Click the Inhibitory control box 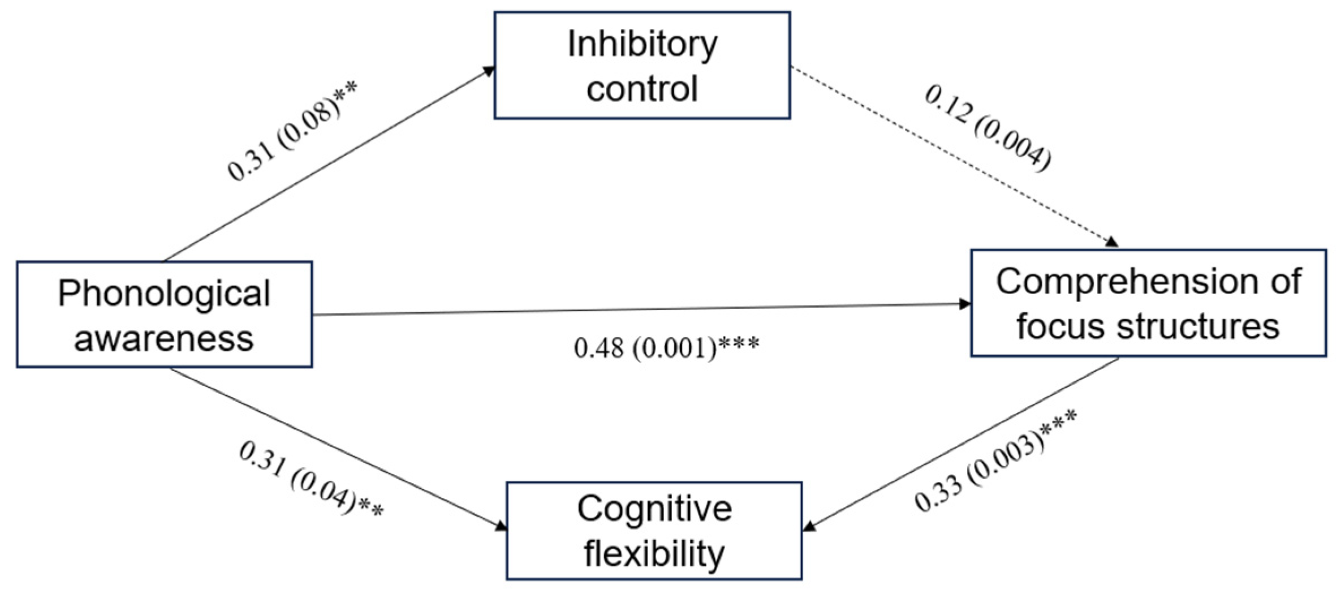coord(642,65)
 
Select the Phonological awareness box coord(164,314)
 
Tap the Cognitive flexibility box coord(654,530)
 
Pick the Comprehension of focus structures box coord(1148,303)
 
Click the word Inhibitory coord(642,44)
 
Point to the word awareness coord(164,338)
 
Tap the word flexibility coord(654,553)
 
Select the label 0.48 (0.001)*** coord(666,348)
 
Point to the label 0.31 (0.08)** coord(292,131)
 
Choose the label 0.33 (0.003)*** coord(995,461)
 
